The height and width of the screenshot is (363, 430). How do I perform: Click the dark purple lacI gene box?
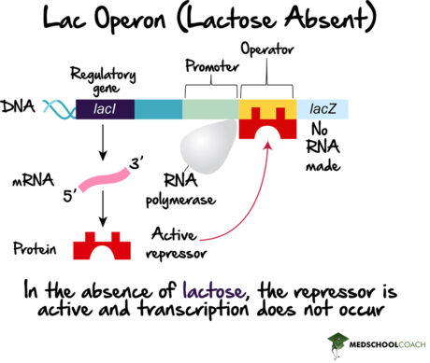coord(104,110)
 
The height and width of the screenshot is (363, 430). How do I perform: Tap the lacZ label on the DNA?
coord(318,110)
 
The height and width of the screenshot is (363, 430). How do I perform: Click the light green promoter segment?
coord(210,110)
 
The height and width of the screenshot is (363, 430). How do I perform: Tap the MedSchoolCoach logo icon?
coord(334,342)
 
